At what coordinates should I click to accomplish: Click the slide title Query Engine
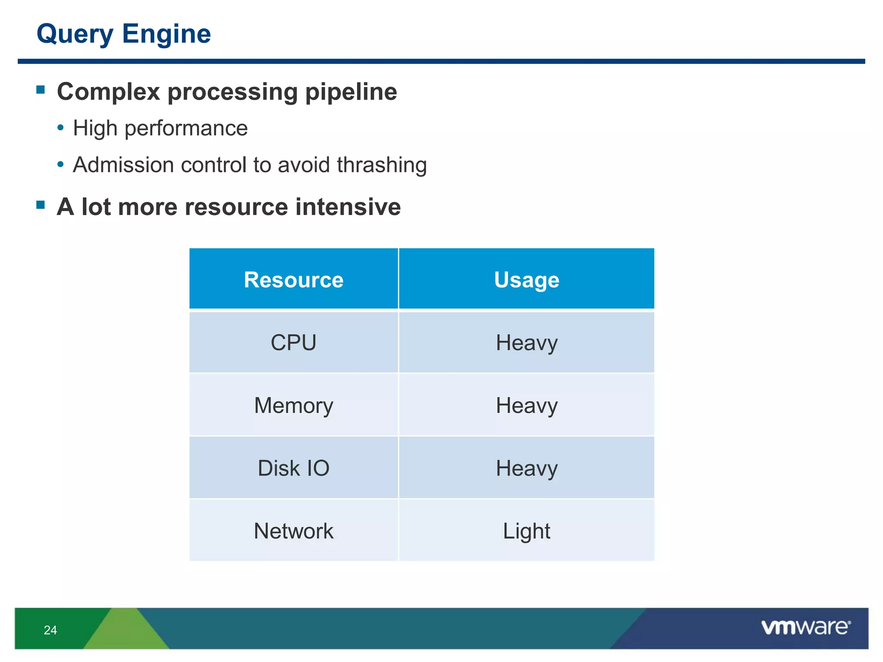124,34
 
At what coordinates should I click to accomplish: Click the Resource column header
294,280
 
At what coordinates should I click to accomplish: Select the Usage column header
526,280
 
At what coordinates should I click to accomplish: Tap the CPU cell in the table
294,343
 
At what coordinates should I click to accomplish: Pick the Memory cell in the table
294,406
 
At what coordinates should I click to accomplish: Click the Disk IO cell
294,468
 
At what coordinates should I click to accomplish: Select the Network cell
294,531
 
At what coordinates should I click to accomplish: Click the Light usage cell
526,531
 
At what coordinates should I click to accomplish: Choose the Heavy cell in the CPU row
526,343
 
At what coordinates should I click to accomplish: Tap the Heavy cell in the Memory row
526,406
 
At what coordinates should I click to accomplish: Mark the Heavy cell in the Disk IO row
526,468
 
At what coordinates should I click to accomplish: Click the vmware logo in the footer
805,628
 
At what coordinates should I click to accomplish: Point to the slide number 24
50,630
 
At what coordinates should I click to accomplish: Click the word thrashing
382,165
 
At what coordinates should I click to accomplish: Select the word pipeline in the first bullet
351,92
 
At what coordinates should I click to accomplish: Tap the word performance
186,128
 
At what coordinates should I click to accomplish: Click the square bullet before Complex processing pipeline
41,90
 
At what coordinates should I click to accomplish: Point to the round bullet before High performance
60,128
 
